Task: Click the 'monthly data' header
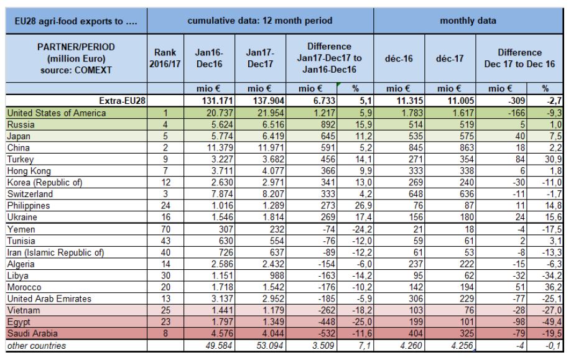(x=468, y=21)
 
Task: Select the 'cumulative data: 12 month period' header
(x=260, y=21)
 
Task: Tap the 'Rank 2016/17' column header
(x=165, y=58)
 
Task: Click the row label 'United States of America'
(x=57, y=113)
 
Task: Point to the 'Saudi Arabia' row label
(x=32, y=333)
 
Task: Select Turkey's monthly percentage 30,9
(x=553, y=159)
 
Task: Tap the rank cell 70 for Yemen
(x=165, y=229)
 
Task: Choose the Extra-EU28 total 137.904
(x=269, y=101)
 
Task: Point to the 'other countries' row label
(x=37, y=346)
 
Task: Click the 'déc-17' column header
(x=450, y=58)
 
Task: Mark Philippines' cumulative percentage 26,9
(x=363, y=206)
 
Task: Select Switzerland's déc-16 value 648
(x=415, y=195)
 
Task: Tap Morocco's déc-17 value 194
(x=467, y=287)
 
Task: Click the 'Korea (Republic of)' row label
(x=45, y=183)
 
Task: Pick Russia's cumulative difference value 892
(x=328, y=125)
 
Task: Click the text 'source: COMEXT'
(x=76, y=70)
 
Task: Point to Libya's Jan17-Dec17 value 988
(x=276, y=276)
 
